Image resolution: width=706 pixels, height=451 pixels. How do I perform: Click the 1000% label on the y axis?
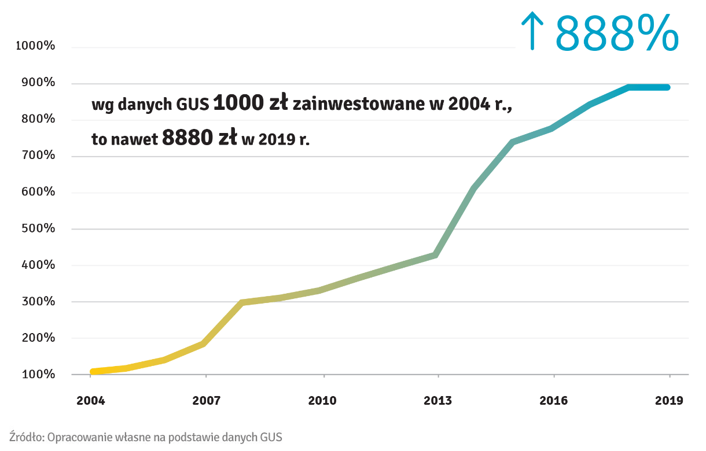point(35,46)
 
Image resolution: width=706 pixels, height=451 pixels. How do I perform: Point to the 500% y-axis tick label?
point(38,228)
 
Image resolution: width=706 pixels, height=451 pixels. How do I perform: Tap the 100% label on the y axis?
point(38,374)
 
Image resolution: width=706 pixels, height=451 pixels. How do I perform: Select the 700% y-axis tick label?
point(38,156)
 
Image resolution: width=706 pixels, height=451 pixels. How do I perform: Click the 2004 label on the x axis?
point(91,400)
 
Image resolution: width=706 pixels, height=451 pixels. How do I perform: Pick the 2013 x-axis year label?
point(438,400)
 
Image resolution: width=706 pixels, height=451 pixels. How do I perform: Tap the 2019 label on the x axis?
point(670,400)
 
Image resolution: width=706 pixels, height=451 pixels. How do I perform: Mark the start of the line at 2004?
point(92,372)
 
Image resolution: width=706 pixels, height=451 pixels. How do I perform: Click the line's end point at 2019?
point(668,87)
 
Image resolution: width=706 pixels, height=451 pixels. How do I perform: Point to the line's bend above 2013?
point(437,254)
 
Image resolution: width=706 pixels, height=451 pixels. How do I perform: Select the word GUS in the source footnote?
point(271,437)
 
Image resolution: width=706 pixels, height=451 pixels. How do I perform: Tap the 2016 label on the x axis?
point(554,400)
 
